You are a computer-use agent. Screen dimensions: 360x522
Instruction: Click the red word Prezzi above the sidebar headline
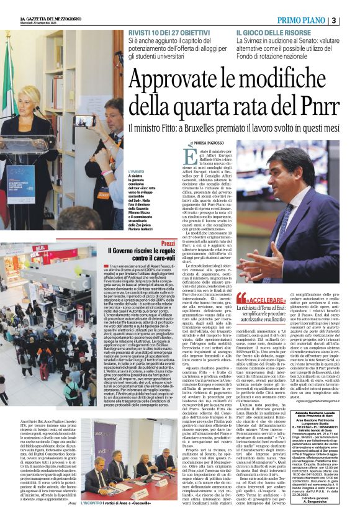click(168, 243)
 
